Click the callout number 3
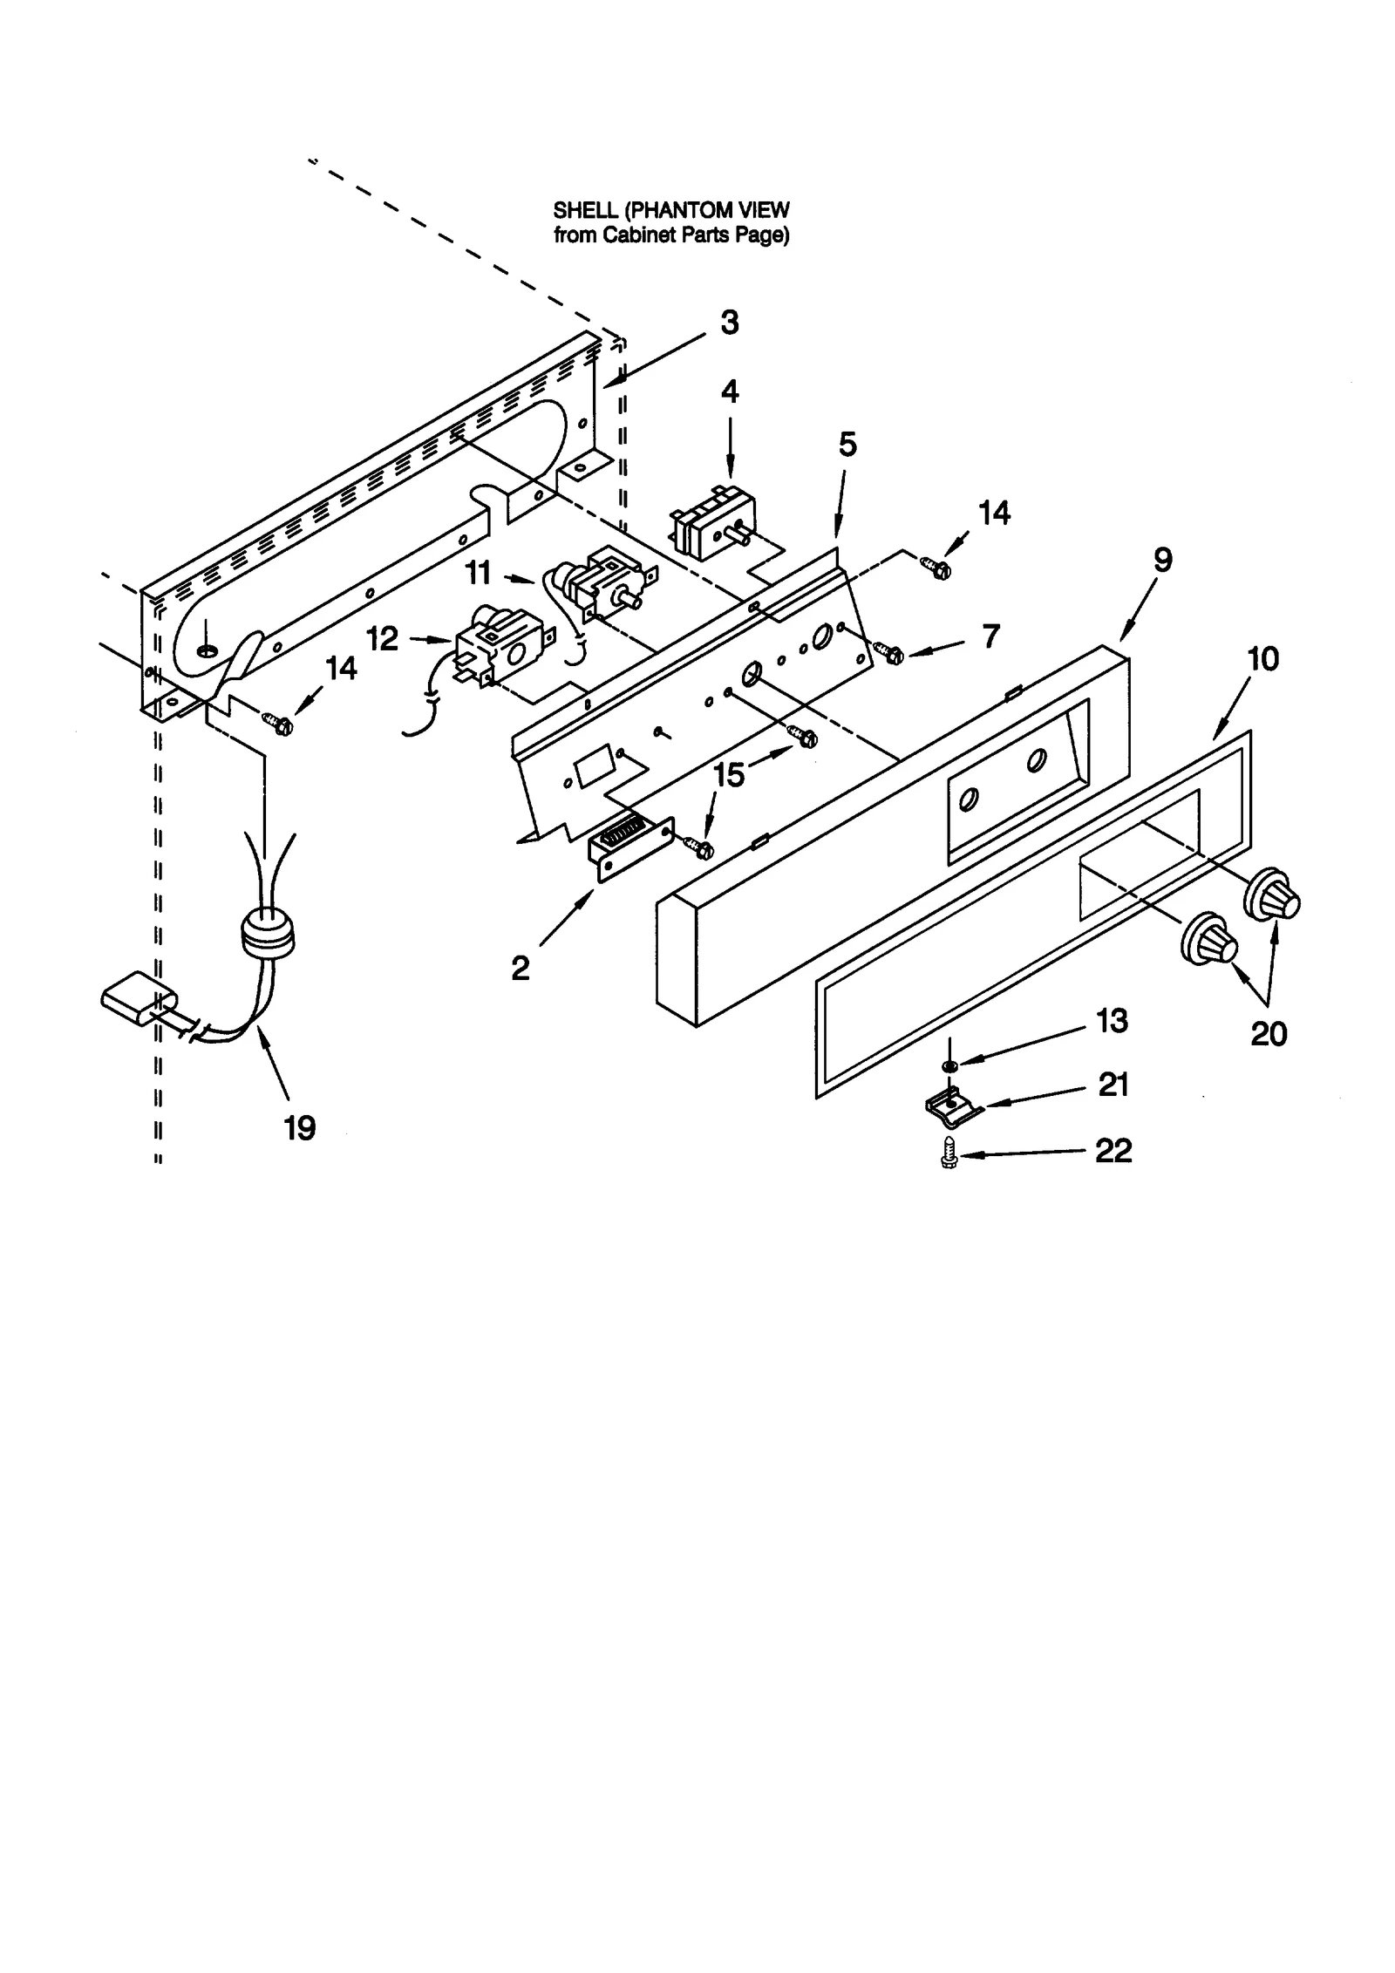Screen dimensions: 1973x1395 pyautogui.click(x=729, y=323)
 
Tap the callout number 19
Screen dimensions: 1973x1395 pyautogui.click(x=299, y=1128)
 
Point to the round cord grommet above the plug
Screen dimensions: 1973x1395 pyautogui.click(x=267, y=934)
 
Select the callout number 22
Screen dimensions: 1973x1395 pyautogui.click(x=1113, y=1150)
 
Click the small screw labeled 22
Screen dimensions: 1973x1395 pyautogui.click(x=950, y=1153)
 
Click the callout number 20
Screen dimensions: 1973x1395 pyautogui.click(x=1268, y=1034)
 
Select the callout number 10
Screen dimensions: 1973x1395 pyautogui.click(x=1262, y=659)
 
